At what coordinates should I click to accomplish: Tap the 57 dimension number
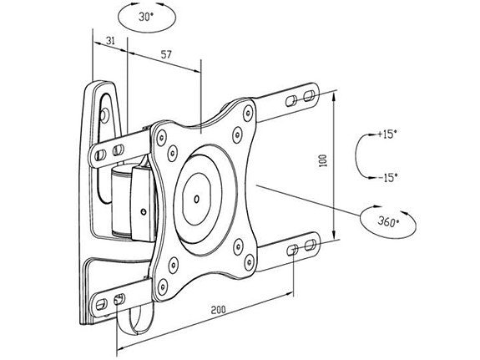pos(165,54)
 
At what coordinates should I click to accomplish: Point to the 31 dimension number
pos(109,40)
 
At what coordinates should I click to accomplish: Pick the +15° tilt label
pos(387,134)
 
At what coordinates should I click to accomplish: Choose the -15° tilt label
pos(387,176)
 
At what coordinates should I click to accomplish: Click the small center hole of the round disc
pos(195,200)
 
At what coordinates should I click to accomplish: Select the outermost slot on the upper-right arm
pos(310,99)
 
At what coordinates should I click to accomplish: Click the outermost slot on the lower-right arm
pos(311,246)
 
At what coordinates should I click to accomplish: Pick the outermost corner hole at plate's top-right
pos(247,108)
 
